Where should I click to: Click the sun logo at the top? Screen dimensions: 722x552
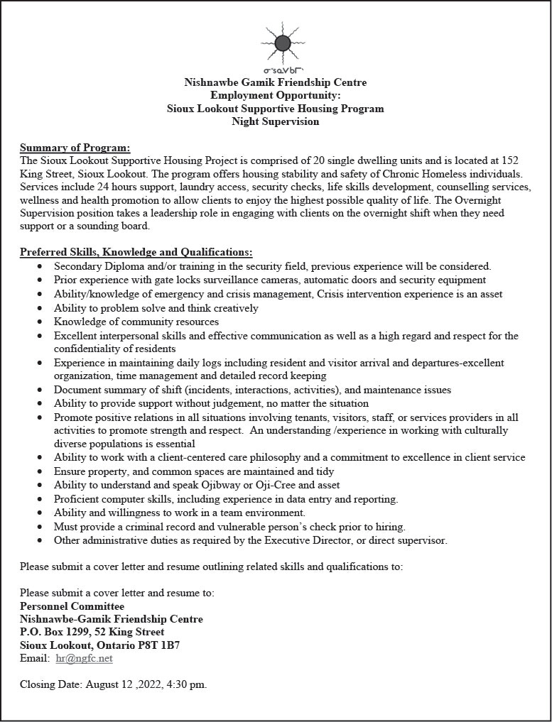[x=282, y=43]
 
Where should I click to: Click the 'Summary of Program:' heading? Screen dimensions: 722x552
[x=75, y=148]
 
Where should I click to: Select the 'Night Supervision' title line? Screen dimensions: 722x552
[x=276, y=121]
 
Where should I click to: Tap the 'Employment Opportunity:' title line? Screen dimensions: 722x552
[x=276, y=95]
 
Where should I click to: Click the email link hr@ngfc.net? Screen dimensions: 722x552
[x=84, y=658]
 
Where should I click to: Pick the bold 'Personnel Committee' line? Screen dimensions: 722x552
[x=72, y=606]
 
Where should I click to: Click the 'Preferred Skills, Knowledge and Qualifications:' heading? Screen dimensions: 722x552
[x=136, y=252]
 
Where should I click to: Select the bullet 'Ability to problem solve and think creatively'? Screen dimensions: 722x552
[x=156, y=308]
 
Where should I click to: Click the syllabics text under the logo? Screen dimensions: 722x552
[x=283, y=71]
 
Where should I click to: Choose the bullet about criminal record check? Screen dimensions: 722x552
[x=229, y=527]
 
